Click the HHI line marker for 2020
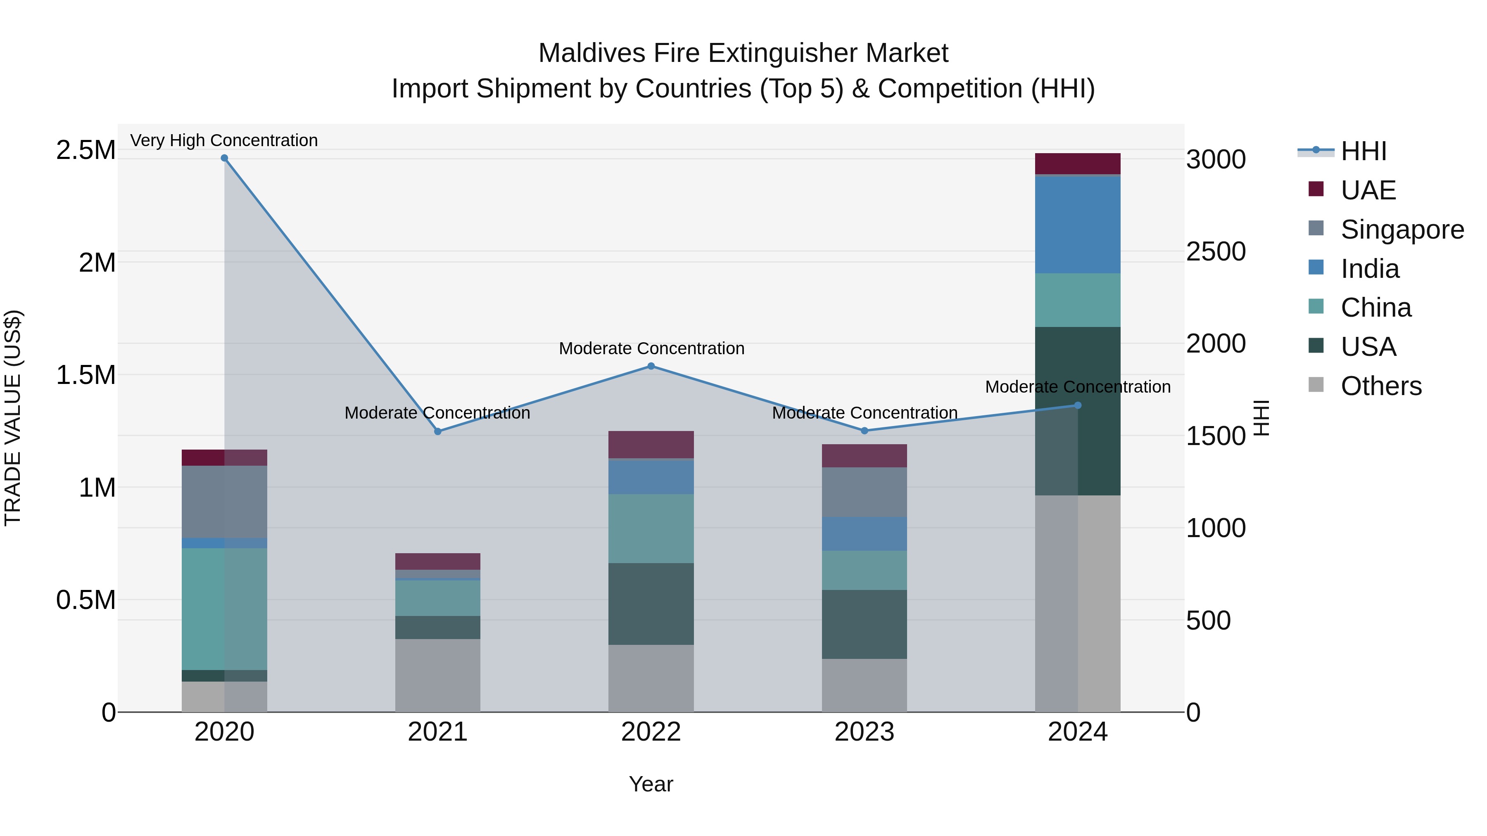point(225,158)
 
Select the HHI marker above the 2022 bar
point(651,366)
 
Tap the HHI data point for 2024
point(1077,405)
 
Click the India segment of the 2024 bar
point(1077,225)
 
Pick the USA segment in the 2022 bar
point(651,604)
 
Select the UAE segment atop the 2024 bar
point(1077,164)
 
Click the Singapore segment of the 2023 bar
point(864,492)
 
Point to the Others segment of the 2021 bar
point(437,675)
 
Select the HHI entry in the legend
point(1363,151)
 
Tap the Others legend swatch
point(1316,385)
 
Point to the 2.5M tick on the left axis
point(86,150)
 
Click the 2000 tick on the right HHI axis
point(1216,344)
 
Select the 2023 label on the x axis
point(864,732)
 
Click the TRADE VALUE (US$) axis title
point(13,418)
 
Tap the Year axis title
point(651,784)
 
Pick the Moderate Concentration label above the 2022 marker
point(651,348)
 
